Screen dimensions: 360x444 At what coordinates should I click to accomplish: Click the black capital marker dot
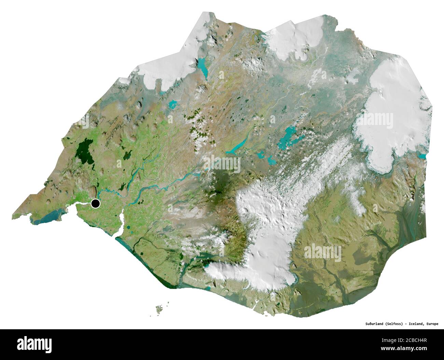tap(96, 204)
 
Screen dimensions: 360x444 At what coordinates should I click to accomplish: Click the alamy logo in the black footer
tap(34, 343)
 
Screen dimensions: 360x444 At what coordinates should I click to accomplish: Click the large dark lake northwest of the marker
tap(84, 151)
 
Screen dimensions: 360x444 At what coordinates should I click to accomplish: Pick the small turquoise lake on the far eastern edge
tap(424, 156)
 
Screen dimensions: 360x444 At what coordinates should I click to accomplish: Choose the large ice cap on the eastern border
tap(389, 113)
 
